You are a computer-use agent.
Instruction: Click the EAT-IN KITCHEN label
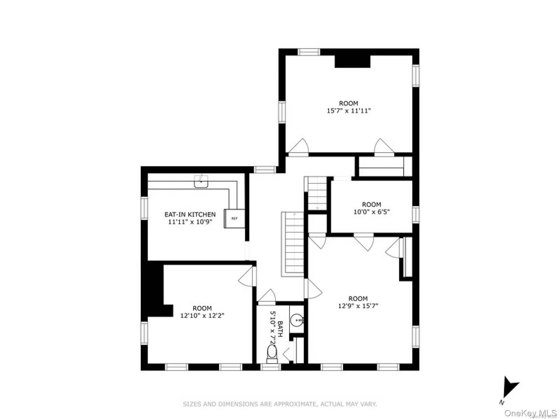pos(190,215)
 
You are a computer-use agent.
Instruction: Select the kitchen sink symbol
pos(201,182)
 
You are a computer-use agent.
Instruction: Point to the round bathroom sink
pos(296,320)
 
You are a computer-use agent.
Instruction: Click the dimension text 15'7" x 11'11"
pos(349,111)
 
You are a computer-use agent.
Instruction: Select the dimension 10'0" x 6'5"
pos(371,212)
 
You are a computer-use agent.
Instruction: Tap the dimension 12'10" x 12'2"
pos(202,316)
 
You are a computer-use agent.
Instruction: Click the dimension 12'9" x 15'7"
pos(358,306)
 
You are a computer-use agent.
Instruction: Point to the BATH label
pos(280,329)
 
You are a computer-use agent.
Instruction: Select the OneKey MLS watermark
pos(530,413)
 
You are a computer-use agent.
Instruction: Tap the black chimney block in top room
pos(352,61)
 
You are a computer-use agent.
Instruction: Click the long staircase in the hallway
pos(292,244)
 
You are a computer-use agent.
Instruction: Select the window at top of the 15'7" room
pos(309,52)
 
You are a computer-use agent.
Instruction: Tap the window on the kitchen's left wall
pos(144,208)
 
